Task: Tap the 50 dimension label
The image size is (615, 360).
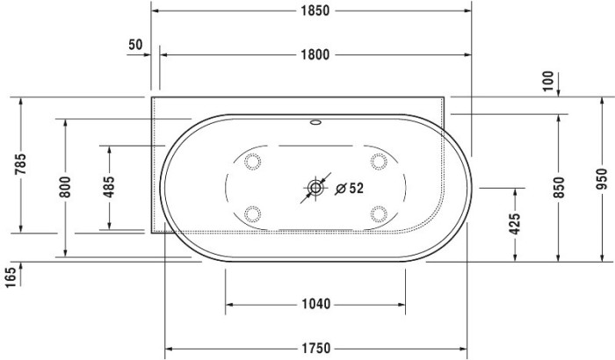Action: click(135, 44)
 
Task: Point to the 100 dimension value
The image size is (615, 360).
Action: click(549, 83)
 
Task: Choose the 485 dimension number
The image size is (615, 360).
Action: click(109, 187)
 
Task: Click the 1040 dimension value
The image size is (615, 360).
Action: click(315, 305)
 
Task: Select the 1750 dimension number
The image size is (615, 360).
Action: click(315, 348)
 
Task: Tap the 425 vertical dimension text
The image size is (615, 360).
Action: click(515, 224)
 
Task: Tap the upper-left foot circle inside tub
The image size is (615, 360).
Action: click(253, 162)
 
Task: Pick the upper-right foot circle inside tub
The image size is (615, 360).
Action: click(379, 162)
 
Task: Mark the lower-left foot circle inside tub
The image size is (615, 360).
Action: click(253, 212)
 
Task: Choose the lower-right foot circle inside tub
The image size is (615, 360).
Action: click(379, 212)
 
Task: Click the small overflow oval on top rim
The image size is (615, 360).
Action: click(315, 124)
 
